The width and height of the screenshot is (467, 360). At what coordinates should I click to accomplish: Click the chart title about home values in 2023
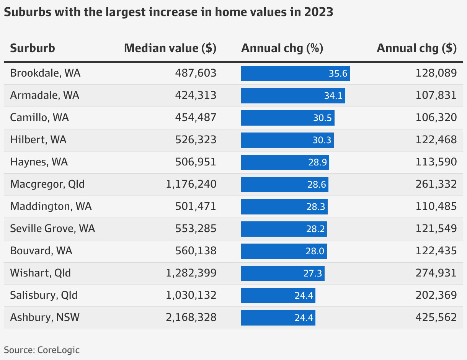point(168,12)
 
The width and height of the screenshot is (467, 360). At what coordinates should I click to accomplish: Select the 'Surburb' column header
point(33,48)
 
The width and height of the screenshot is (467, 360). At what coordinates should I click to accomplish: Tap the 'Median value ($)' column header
point(170,48)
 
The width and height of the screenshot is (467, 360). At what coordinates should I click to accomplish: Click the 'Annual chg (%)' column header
point(282,48)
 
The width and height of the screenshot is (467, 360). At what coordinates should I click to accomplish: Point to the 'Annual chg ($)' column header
point(416,48)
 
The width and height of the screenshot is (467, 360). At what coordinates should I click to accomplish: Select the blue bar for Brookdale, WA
point(295,73)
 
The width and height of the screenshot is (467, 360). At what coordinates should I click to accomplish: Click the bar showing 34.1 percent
point(293,95)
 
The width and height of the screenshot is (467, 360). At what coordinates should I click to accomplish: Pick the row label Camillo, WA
point(39,118)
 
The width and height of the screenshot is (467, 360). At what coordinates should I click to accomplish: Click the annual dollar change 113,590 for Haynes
point(436,162)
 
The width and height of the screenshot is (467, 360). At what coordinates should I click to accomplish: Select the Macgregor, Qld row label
point(47,184)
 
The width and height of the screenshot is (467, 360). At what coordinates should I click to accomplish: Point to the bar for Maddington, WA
point(284,206)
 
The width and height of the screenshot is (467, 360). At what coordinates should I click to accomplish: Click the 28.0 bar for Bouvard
point(284,251)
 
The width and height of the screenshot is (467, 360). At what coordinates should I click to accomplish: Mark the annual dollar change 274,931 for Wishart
point(436,273)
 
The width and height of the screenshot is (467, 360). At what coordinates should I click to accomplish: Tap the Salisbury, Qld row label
point(44,295)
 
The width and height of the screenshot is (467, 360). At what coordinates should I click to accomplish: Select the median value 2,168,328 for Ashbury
point(191,317)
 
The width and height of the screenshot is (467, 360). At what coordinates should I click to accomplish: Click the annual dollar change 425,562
point(436,317)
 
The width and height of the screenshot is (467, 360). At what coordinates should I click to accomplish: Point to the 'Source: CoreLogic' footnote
point(42,350)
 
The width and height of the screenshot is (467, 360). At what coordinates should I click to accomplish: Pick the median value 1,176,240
point(191,184)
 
